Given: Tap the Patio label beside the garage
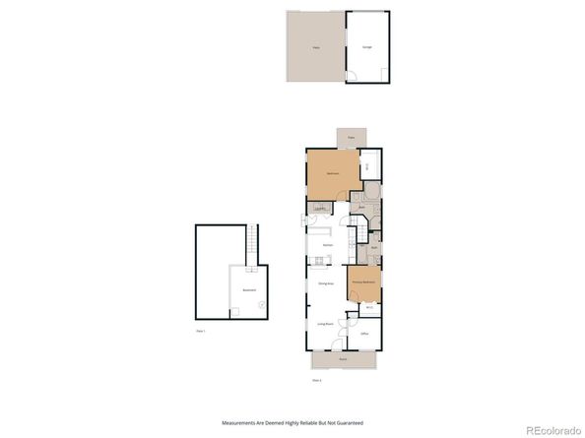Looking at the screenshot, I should (x=316, y=47).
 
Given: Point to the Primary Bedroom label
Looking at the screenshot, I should (x=363, y=282).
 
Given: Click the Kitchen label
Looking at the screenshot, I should (x=326, y=244).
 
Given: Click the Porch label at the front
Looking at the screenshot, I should (x=343, y=360).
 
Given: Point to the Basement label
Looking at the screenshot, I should (x=248, y=289).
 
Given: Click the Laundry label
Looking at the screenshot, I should (x=320, y=209).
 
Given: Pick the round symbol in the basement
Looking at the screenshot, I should (x=261, y=304).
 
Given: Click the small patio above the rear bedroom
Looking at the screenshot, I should (x=351, y=137).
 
